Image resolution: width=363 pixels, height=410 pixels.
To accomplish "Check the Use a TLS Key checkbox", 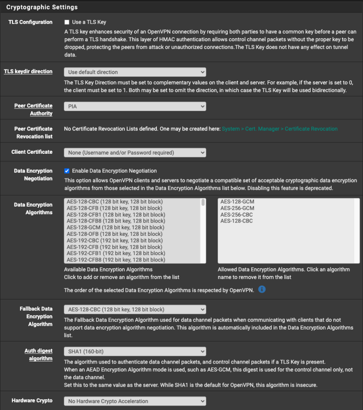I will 67,22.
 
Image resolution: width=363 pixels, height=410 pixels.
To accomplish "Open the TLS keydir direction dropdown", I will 135,72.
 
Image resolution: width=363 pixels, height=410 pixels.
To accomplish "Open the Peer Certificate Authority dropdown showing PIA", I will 135,107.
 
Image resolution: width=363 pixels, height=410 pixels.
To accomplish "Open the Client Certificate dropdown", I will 135,153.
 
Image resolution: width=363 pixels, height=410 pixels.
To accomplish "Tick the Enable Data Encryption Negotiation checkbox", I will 67,171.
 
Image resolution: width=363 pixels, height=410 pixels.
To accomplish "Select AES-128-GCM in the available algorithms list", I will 115,227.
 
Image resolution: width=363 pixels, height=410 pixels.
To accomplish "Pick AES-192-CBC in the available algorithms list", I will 114,241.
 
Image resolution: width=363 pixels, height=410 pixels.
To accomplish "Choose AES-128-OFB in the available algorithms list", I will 114,234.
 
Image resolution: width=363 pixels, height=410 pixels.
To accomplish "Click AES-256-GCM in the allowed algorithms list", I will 237,208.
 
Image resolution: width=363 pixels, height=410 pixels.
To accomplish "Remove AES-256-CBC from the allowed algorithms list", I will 237,215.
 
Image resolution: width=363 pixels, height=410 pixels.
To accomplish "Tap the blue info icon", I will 262,289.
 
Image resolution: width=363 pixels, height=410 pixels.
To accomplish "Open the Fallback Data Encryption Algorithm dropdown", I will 135,310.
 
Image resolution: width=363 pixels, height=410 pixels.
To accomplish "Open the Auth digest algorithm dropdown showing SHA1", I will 135,352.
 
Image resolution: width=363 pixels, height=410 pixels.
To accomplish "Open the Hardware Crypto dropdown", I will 135,401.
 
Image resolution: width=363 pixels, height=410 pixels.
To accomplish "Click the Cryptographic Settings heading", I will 42,7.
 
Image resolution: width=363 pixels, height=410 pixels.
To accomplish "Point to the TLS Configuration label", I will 30,22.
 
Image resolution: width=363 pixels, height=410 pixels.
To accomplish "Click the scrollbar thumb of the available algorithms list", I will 203,203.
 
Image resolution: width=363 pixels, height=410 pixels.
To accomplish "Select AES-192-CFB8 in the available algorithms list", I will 116,260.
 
